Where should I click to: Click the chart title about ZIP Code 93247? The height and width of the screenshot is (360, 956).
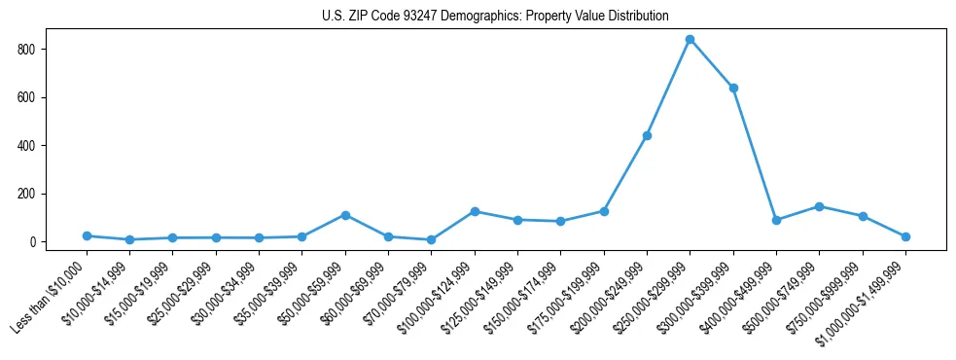495,17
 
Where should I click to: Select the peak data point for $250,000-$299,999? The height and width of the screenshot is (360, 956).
690,39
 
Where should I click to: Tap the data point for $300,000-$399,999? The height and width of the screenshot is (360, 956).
733,88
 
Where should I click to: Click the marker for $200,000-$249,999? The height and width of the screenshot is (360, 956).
647,135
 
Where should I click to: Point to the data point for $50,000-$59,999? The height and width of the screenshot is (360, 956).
345,215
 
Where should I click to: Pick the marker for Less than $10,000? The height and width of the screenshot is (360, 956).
87,235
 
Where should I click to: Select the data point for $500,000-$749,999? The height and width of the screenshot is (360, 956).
819,206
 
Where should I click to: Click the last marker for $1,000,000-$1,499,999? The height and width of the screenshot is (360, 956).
905,236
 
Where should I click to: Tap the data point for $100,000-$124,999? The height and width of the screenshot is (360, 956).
475,211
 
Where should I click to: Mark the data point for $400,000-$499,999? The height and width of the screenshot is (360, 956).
776,220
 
